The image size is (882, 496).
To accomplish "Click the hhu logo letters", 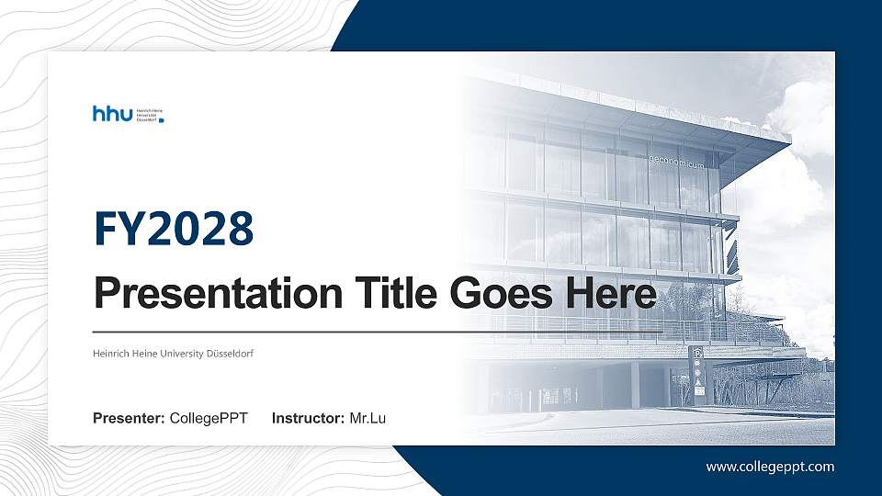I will [112, 113].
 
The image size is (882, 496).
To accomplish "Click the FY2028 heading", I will [174, 229].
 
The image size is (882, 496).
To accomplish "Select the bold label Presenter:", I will [129, 419].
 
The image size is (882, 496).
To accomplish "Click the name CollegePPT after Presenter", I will [209, 419].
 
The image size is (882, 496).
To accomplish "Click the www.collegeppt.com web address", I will [770, 467].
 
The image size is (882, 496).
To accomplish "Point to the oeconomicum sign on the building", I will [676, 163].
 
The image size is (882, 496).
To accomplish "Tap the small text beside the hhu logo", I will [149, 114].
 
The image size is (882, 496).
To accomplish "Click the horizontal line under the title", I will [367, 332].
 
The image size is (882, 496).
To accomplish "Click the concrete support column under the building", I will [634, 384].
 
